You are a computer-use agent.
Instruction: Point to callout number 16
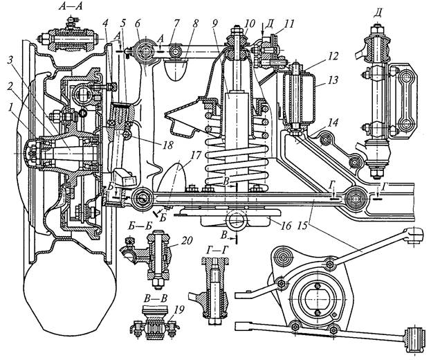[x=286, y=226]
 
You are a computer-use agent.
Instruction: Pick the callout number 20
[x=187, y=241]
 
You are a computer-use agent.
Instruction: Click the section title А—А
[x=71, y=6]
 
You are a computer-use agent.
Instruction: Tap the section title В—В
[x=156, y=298]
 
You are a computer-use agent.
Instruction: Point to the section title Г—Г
[x=214, y=249]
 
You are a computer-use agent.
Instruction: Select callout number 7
[x=175, y=24]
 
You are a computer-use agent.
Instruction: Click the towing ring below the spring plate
[x=236, y=220]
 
